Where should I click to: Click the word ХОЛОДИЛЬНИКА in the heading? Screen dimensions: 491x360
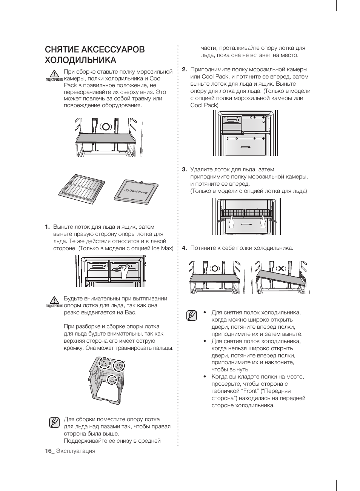(80, 60)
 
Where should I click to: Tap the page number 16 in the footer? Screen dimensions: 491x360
(48, 451)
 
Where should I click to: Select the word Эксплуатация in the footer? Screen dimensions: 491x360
(75, 451)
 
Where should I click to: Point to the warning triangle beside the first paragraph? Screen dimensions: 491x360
(54, 73)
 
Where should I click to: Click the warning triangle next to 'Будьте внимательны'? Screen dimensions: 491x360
(54, 300)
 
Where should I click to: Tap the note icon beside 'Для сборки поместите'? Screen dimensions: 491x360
(54, 422)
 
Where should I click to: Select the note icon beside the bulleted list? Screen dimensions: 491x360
(192, 316)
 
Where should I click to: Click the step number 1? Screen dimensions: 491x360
(47, 227)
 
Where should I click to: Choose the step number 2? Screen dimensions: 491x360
(185, 69)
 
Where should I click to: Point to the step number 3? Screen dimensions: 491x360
(185, 169)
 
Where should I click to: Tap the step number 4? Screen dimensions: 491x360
(185, 248)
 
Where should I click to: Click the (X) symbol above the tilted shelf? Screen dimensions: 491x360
(281, 268)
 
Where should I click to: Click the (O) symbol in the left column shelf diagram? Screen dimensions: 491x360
(106, 126)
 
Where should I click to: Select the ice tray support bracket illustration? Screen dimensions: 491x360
(107, 379)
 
